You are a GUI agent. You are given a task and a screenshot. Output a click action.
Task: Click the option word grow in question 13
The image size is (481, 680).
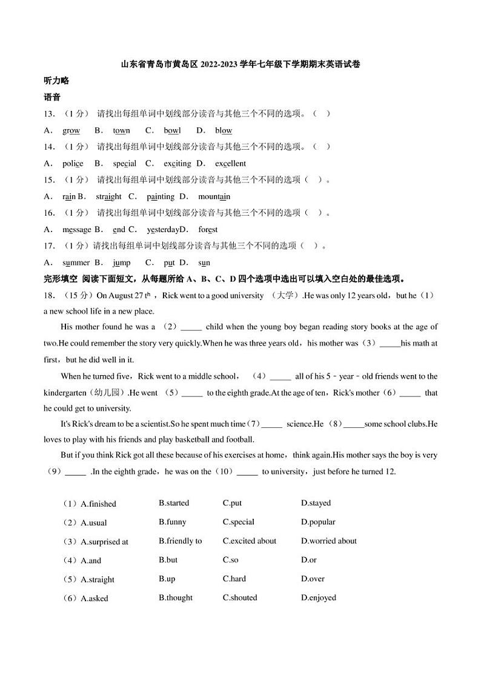[x=71, y=130]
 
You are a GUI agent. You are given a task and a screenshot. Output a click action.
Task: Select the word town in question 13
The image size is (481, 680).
[x=121, y=130]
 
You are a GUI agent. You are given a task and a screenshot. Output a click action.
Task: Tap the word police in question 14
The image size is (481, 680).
[x=73, y=163]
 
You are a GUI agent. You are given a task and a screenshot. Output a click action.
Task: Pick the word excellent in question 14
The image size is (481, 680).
[x=230, y=163]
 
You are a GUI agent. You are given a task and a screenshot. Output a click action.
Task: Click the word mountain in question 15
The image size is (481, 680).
[x=214, y=196]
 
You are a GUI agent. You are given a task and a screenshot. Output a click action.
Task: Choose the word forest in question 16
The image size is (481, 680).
[x=208, y=230]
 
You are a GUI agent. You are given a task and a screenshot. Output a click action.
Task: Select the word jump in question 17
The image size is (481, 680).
[x=121, y=262]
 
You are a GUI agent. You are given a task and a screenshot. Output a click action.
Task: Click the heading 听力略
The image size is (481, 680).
[x=56, y=81]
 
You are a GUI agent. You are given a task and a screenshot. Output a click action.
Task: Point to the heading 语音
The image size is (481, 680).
[x=52, y=97]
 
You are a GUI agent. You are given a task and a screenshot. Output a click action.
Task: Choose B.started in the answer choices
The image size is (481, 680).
[x=174, y=503]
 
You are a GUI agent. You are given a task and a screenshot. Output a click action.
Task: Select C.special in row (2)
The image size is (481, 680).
[x=238, y=522]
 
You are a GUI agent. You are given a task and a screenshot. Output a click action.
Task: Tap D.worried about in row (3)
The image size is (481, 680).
[x=328, y=541]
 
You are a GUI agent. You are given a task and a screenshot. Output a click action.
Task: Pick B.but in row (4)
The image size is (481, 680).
[x=168, y=560]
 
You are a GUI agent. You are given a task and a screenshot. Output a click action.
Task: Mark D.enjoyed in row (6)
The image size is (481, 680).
[x=318, y=598]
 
